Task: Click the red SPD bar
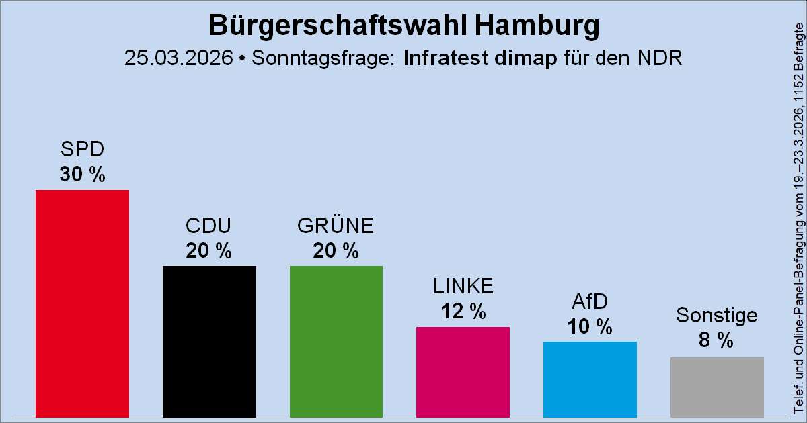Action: [x=82, y=303]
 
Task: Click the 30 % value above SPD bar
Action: [x=82, y=175]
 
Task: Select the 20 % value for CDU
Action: [x=209, y=251]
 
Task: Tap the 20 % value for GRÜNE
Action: [x=336, y=251]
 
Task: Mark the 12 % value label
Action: [x=463, y=312]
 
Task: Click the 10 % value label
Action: [x=590, y=327]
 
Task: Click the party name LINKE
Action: [x=463, y=287]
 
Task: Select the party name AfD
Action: [x=590, y=302]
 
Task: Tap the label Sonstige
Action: [x=717, y=315]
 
